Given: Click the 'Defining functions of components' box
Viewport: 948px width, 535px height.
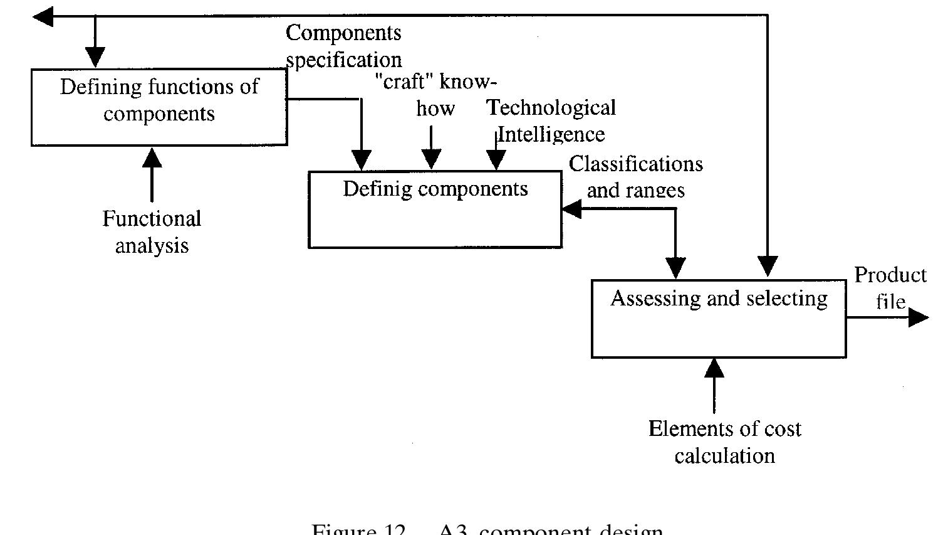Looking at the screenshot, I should (159, 107).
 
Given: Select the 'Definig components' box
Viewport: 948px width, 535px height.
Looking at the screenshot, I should (435, 209).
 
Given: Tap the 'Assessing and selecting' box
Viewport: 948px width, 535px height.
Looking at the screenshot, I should (719, 319).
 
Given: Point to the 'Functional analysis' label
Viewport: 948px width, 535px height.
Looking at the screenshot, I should (152, 232).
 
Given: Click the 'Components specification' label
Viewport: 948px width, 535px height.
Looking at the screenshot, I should (343, 46).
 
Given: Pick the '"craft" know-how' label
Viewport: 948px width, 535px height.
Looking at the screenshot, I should (435, 95).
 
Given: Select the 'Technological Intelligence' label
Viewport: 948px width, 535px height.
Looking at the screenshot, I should (551, 121).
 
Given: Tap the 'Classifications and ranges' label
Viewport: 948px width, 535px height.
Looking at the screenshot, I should (635, 177).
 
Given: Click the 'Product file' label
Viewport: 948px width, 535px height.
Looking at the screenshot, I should (890, 288).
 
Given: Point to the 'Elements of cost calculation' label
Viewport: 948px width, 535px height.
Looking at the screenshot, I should (725, 442).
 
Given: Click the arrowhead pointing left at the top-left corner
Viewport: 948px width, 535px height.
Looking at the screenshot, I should (43, 16).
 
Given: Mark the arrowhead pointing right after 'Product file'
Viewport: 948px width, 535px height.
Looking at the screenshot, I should (918, 317).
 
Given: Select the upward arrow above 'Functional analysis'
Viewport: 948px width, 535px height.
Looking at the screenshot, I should (152, 174).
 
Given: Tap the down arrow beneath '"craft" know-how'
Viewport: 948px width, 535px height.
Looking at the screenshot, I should (431, 147).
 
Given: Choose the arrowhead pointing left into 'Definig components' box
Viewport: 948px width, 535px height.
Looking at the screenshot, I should (571, 209).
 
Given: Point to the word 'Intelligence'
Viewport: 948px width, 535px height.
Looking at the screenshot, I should (551, 135).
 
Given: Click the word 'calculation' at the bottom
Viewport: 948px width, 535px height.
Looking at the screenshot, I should (725, 456).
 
